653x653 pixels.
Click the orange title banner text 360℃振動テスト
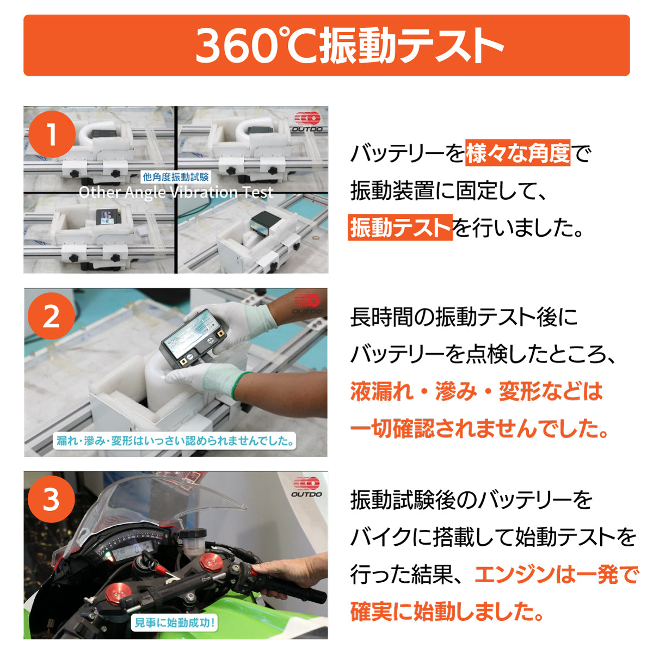[348, 46]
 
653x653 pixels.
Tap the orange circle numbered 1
[51, 134]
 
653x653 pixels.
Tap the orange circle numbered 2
[51, 316]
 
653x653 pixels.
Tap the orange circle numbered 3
[51, 498]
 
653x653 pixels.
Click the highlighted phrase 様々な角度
[518, 153]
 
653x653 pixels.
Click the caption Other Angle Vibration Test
[176, 192]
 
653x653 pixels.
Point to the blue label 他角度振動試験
[176, 177]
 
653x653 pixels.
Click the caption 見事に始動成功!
[175, 623]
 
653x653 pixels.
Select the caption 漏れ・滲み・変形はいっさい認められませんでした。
[176, 440]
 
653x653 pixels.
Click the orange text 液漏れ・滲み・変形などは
[477, 392]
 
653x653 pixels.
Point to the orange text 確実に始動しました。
[447, 612]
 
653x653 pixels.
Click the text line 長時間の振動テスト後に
[464, 317]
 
